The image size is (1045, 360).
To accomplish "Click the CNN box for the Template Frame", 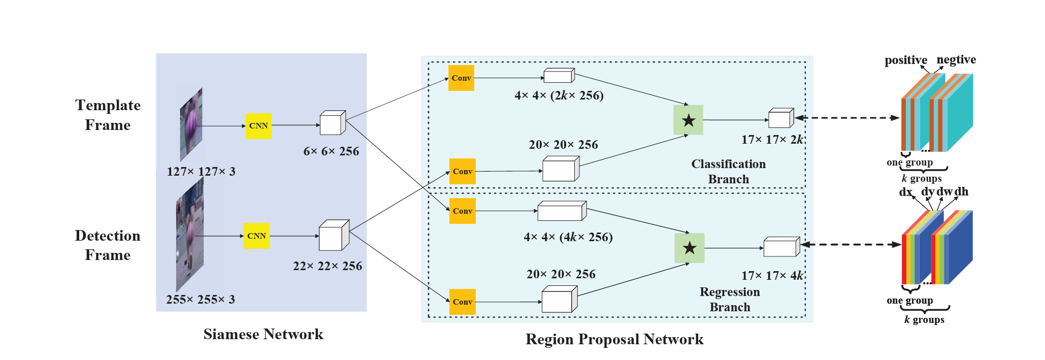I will tap(258, 126).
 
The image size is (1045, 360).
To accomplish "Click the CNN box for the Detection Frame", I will tap(256, 236).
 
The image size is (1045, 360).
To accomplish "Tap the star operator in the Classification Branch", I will tap(688, 120).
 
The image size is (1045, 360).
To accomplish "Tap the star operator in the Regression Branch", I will tap(689, 248).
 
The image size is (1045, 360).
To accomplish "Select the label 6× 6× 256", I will tap(331, 151).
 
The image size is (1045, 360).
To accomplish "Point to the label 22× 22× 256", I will tap(328, 266).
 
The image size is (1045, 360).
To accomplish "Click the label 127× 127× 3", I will tap(201, 172).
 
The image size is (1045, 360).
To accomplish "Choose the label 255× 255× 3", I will tap(201, 300).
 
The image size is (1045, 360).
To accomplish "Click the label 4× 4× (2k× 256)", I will tap(559, 95).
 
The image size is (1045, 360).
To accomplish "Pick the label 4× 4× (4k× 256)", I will tap(568, 237).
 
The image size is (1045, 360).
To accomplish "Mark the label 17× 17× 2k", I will tap(772, 140).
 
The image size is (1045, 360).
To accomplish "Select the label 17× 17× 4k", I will tap(772, 276).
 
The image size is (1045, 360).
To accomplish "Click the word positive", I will tap(906, 60).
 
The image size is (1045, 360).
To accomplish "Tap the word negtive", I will tap(956, 60).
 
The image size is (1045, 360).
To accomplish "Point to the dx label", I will tap(906, 192).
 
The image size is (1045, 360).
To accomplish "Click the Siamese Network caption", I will tap(263, 334).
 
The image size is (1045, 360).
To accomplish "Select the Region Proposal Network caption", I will tap(614, 339).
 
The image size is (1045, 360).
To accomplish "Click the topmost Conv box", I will tap(461, 78).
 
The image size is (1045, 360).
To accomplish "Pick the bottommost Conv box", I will tap(463, 302).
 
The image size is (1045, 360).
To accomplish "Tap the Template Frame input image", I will tap(191, 124).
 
